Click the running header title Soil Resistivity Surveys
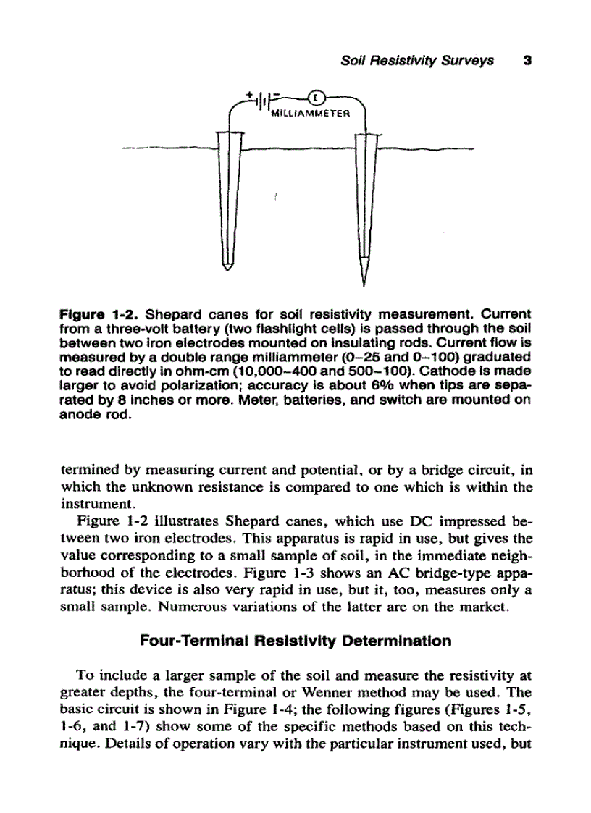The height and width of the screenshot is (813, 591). click(417, 61)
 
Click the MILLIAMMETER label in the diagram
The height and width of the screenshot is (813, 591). click(309, 114)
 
